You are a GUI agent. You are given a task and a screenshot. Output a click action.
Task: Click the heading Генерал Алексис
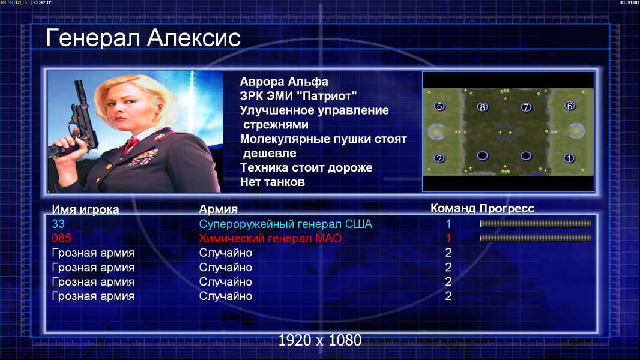[143, 38]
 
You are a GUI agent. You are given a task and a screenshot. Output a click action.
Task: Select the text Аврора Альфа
[283, 82]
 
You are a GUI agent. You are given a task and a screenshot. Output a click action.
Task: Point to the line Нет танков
[272, 182]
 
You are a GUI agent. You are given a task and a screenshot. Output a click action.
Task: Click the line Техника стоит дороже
[306, 167]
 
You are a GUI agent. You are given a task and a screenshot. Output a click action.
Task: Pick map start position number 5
[439, 106]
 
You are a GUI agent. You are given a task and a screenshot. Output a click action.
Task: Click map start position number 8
[482, 107]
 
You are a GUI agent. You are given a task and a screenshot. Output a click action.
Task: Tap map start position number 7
[526, 107]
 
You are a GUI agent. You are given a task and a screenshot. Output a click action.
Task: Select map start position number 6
[569, 106]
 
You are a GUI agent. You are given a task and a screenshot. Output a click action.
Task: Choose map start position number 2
[439, 158]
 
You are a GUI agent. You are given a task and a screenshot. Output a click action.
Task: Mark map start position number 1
[569, 158]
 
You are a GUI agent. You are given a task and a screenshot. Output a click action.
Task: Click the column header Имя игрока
[85, 209]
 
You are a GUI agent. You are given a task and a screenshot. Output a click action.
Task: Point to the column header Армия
[218, 209]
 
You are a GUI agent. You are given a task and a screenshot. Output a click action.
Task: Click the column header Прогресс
[507, 209]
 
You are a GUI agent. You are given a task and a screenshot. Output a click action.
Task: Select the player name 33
[58, 224]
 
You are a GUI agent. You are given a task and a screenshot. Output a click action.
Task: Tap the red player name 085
[62, 238]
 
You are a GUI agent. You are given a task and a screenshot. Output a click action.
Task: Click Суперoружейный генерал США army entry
[286, 224]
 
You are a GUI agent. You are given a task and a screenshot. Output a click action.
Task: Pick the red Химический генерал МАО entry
[270, 238]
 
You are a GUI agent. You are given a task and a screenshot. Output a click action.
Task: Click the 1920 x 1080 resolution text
[320, 340]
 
